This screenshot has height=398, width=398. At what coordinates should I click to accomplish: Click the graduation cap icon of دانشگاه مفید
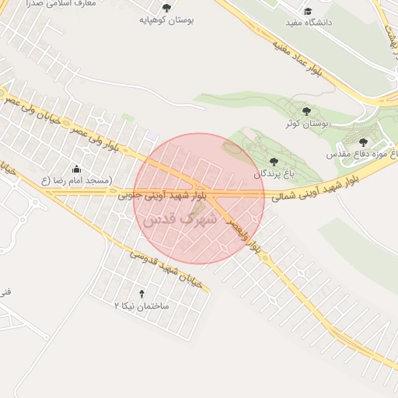(x=308, y=11)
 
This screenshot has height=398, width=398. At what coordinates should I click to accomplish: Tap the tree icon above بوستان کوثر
(x=306, y=112)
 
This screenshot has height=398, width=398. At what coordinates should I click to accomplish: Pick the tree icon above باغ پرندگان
(x=274, y=161)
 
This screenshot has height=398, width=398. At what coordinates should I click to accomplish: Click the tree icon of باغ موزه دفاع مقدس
(x=364, y=142)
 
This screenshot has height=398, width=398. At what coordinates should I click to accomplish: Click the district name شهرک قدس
(x=179, y=220)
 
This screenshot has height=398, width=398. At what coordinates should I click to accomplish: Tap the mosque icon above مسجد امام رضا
(x=76, y=169)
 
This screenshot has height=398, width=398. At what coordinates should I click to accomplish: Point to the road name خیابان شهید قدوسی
(x=165, y=268)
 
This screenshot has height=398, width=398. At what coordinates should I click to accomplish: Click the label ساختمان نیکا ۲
(x=141, y=305)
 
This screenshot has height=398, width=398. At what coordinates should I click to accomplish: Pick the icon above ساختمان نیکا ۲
(x=141, y=294)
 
